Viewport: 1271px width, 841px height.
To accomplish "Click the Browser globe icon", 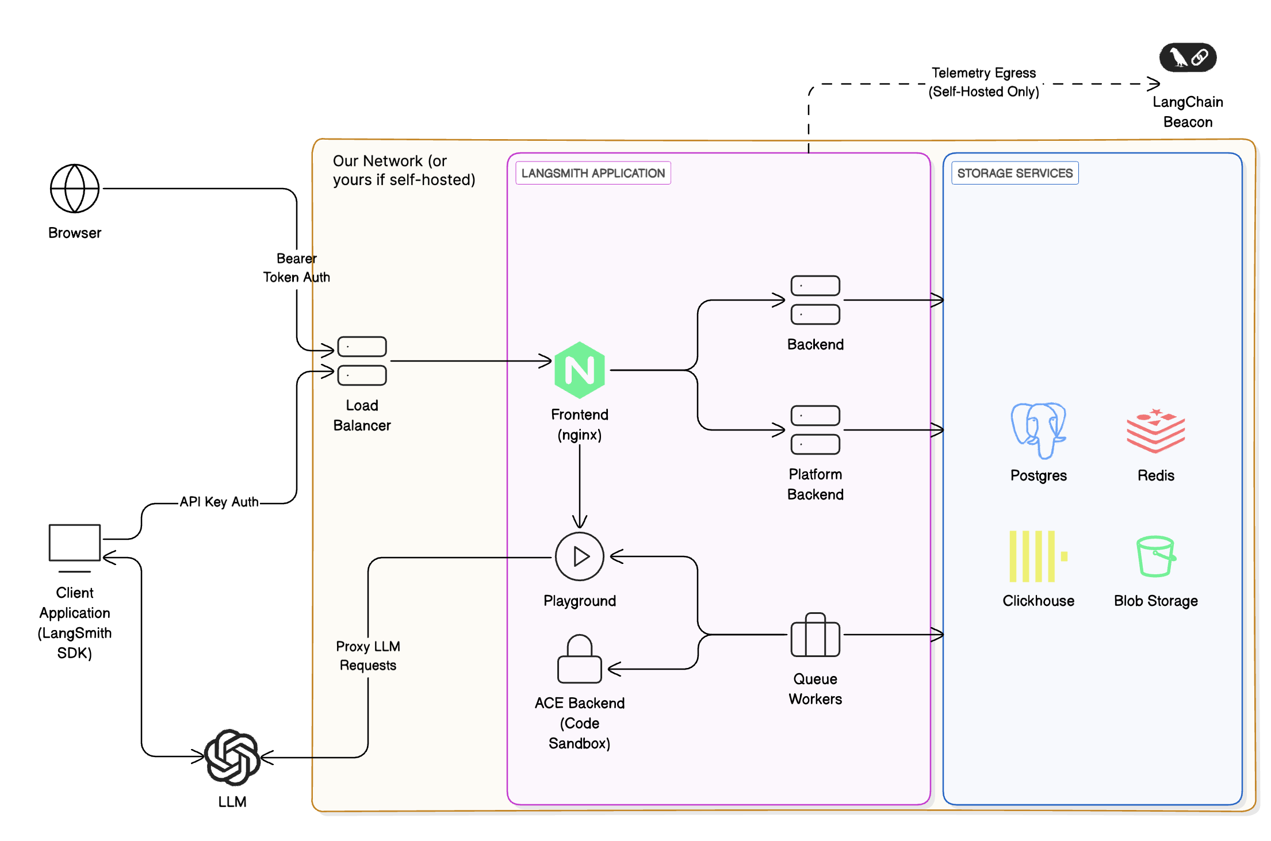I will pyautogui.click(x=75, y=189).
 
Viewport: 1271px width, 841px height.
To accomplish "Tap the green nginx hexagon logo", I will pyautogui.click(x=579, y=370).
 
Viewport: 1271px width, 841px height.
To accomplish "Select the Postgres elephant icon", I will pyautogui.click(x=1038, y=431).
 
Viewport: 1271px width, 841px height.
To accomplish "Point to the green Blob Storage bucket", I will pyautogui.click(x=1155, y=556).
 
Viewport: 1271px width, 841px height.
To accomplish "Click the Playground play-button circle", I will pyautogui.click(x=579, y=556).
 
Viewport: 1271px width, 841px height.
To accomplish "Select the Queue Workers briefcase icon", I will pyautogui.click(x=815, y=635).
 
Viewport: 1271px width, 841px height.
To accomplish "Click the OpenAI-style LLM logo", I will pyautogui.click(x=232, y=757).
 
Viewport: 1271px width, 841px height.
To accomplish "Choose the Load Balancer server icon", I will pyautogui.click(x=362, y=361).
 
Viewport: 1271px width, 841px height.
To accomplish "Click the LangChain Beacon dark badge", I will pyautogui.click(x=1188, y=57).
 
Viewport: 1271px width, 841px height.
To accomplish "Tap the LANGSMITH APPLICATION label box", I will pyautogui.click(x=593, y=173).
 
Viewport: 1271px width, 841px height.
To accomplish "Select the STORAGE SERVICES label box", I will pyautogui.click(x=1014, y=173).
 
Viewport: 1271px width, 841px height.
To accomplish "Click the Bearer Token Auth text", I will pyautogui.click(x=296, y=268).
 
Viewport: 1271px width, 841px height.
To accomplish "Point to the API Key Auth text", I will pyautogui.click(x=219, y=502).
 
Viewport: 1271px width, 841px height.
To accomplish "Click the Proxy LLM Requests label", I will pyautogui.click(x=368, y=656).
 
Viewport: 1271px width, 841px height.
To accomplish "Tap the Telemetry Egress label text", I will pyautogui.click(x=983, y=82).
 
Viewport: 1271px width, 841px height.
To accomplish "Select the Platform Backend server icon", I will pyautogui.click(x=815, y=430).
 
